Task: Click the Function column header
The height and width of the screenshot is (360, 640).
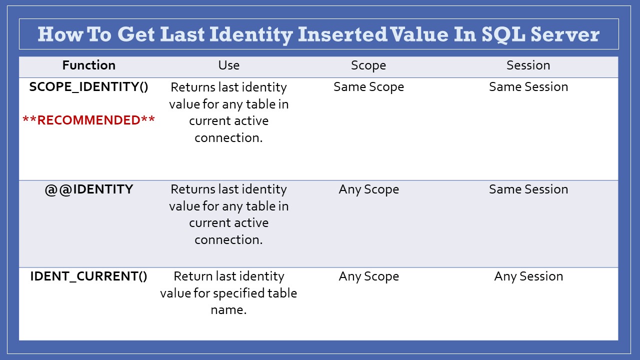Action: tap(89, 65)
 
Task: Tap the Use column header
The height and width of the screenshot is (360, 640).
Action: tap(229, 65)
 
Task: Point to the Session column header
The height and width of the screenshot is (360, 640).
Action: tap(528, 65)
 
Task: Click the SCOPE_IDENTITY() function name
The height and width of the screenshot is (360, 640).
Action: tap(89, 87)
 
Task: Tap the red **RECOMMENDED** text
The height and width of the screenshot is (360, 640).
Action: tap(89, 120)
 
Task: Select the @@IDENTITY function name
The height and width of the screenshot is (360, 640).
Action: tap(89, 189)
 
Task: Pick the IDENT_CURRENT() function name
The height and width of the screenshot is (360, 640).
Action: tap(89, 276)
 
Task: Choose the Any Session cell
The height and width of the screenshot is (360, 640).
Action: tap(528, 277)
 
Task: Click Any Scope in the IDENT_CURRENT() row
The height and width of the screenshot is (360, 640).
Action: tap(368, 277)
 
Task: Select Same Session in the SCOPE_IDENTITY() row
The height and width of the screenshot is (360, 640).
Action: tap(528, 87)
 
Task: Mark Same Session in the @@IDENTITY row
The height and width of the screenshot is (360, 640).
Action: tap(528, 189)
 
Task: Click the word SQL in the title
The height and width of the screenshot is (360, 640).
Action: tap(503, 35)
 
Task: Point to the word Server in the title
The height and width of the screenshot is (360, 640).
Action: tap(565, 34)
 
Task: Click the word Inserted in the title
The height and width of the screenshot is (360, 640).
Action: tap(342, 34)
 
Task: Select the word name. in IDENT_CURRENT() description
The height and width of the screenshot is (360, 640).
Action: tap(228, 310)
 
